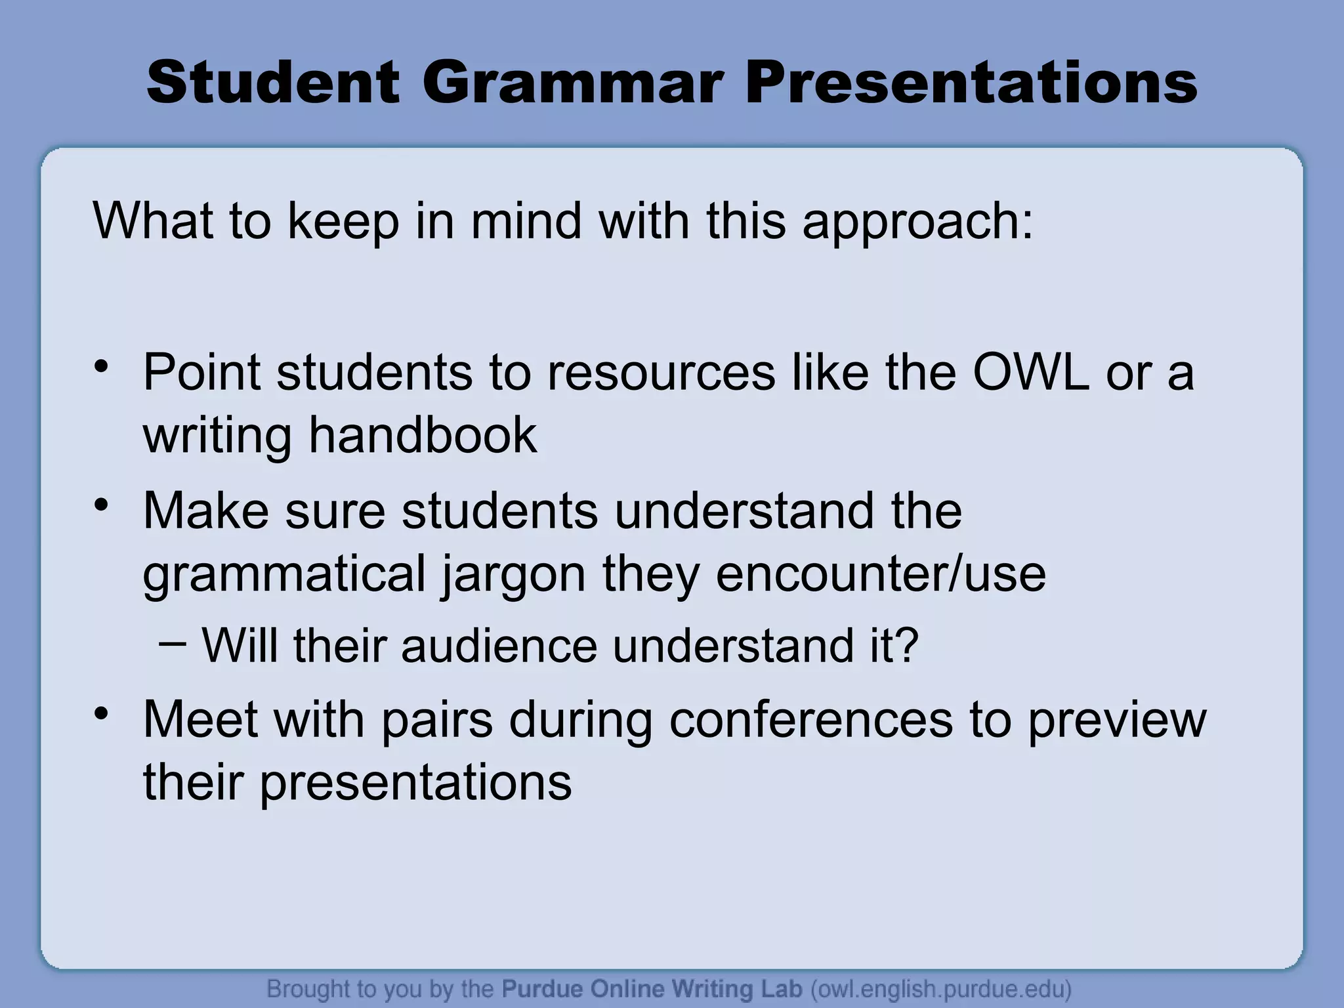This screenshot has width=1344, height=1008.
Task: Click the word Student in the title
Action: [x=273, y=83]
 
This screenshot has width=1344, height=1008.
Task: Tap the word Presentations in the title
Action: [x=971, y=83]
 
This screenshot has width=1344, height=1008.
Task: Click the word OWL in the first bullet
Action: [x=1030, y=372]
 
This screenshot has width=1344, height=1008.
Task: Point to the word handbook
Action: [x=423, y=435]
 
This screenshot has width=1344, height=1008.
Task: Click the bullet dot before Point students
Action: [x=100, y=366]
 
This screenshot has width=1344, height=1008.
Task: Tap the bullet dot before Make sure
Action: [x=100, y=505]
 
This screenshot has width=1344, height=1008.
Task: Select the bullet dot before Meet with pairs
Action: [x=100, y=713]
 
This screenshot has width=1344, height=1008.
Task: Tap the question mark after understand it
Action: [x=906, y=645]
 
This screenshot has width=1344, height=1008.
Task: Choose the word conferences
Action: [x=810, y=720]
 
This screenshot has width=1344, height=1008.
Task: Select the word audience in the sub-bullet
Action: [x=499, y=645]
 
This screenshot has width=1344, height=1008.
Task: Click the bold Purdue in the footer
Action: [x=543, y=988]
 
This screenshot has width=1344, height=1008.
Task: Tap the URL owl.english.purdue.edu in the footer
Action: [x=941, y=989]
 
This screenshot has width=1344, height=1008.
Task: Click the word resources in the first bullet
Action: [x=661, y=372]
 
